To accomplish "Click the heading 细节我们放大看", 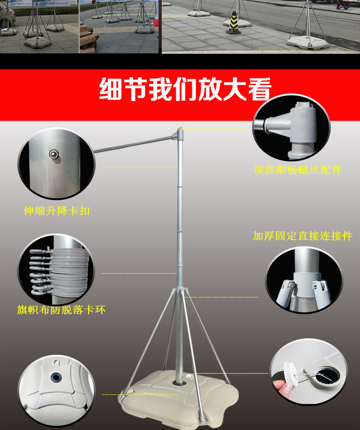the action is (185, 89).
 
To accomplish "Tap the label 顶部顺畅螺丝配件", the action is (298, 170).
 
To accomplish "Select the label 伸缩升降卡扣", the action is (57, 211).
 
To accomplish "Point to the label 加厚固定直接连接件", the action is (303, 236).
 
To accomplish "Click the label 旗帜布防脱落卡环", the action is (61, 310).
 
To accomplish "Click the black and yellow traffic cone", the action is (233, 23).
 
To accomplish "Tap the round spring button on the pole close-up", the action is (54, 154).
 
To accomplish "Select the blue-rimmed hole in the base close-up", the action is (56, 378).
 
